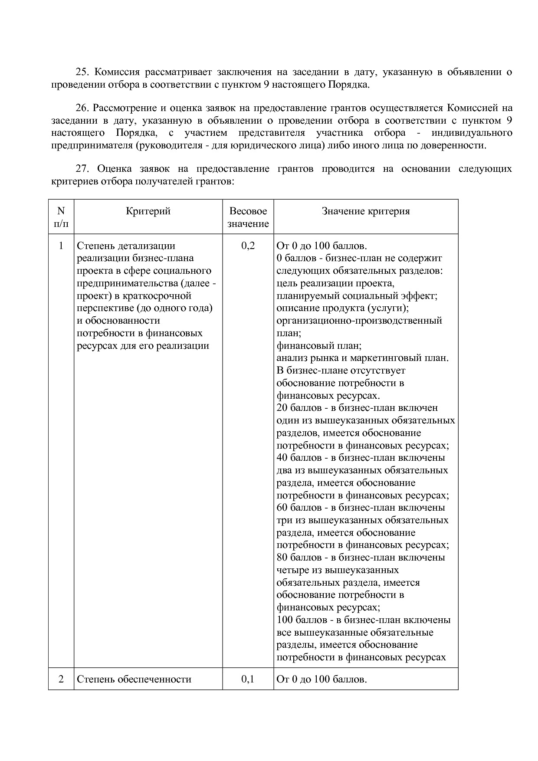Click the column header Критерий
point(148,211)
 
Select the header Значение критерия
point(365,211)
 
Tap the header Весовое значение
point(248,217)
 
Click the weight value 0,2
point(248,246)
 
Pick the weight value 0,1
point(248,679)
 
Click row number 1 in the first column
point(61,246)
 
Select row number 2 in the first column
point(61,679)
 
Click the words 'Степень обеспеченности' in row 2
point(134,679)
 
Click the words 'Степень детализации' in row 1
point(126,246)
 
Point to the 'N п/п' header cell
point(61,217)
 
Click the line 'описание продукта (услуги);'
point(343,308)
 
